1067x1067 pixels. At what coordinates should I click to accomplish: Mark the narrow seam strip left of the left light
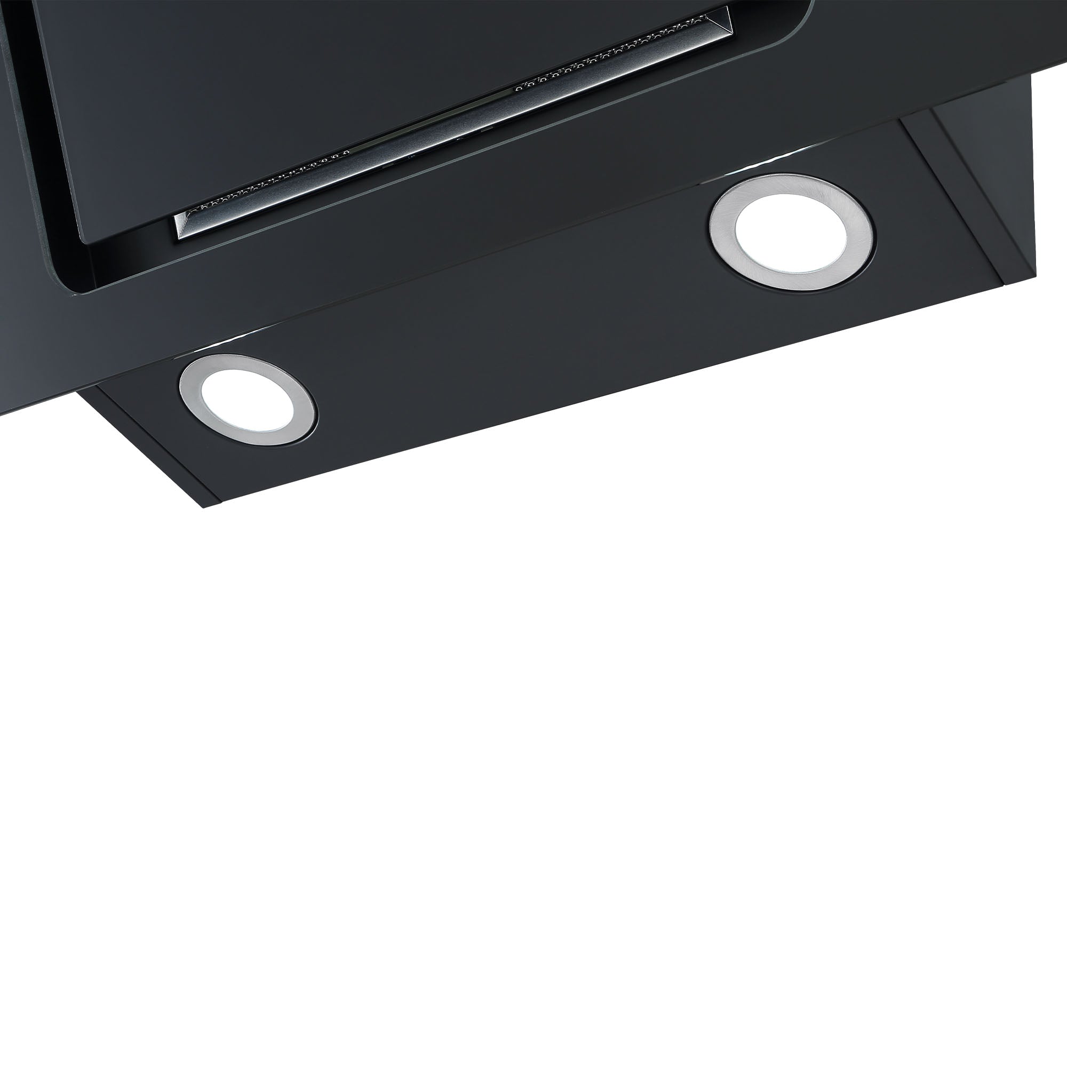point(149,442)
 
